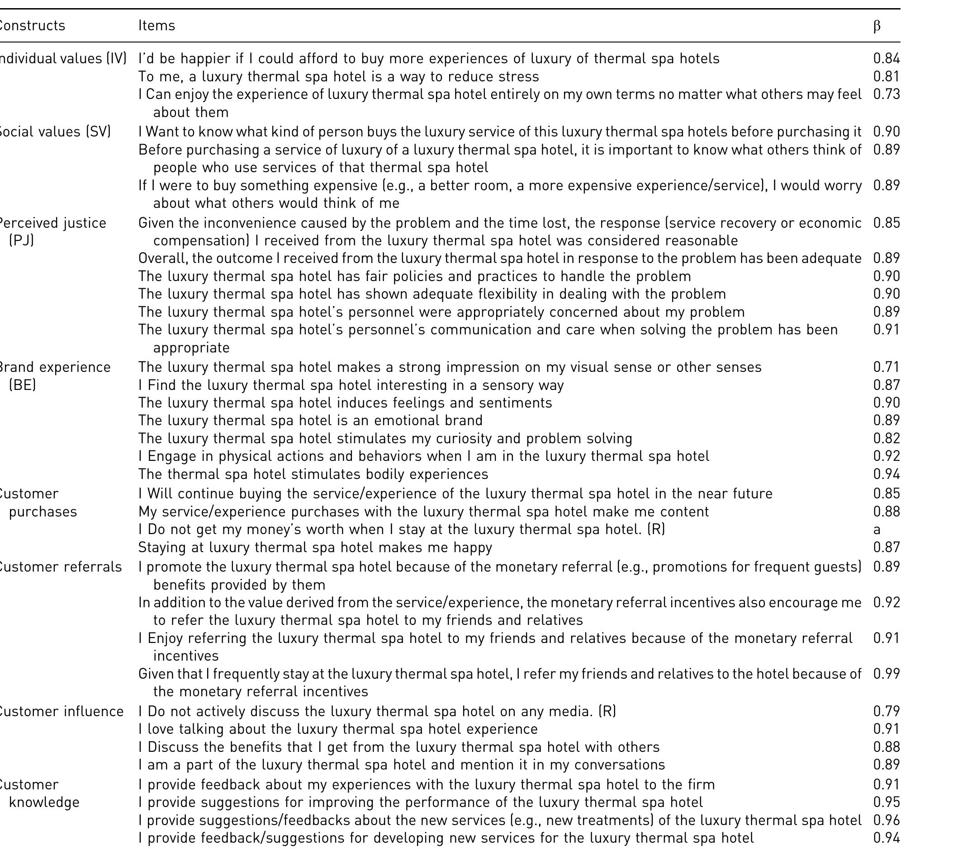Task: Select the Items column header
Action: tap(156, 25)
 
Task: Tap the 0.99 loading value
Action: tap(886, 674)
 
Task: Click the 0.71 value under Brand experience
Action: tap(886, 367)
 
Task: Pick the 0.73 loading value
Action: tap(886, 94)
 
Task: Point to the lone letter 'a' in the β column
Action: tap(877, 530)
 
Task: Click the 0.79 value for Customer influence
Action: tap(886, 712)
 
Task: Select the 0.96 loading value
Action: tap(886, 820)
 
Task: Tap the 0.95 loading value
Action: tap(886, 802)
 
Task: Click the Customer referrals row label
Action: tap(60, 567)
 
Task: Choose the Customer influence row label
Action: tap(61, 712)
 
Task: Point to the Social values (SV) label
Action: tap(54, 131)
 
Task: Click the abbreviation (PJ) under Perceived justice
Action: tap(21, 241)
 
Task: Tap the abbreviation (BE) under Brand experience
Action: tap(22, 385)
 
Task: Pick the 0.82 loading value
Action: tap(886, 438)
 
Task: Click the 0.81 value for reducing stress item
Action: tap(886, 76)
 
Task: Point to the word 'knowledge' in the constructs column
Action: tap(44, 802)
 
